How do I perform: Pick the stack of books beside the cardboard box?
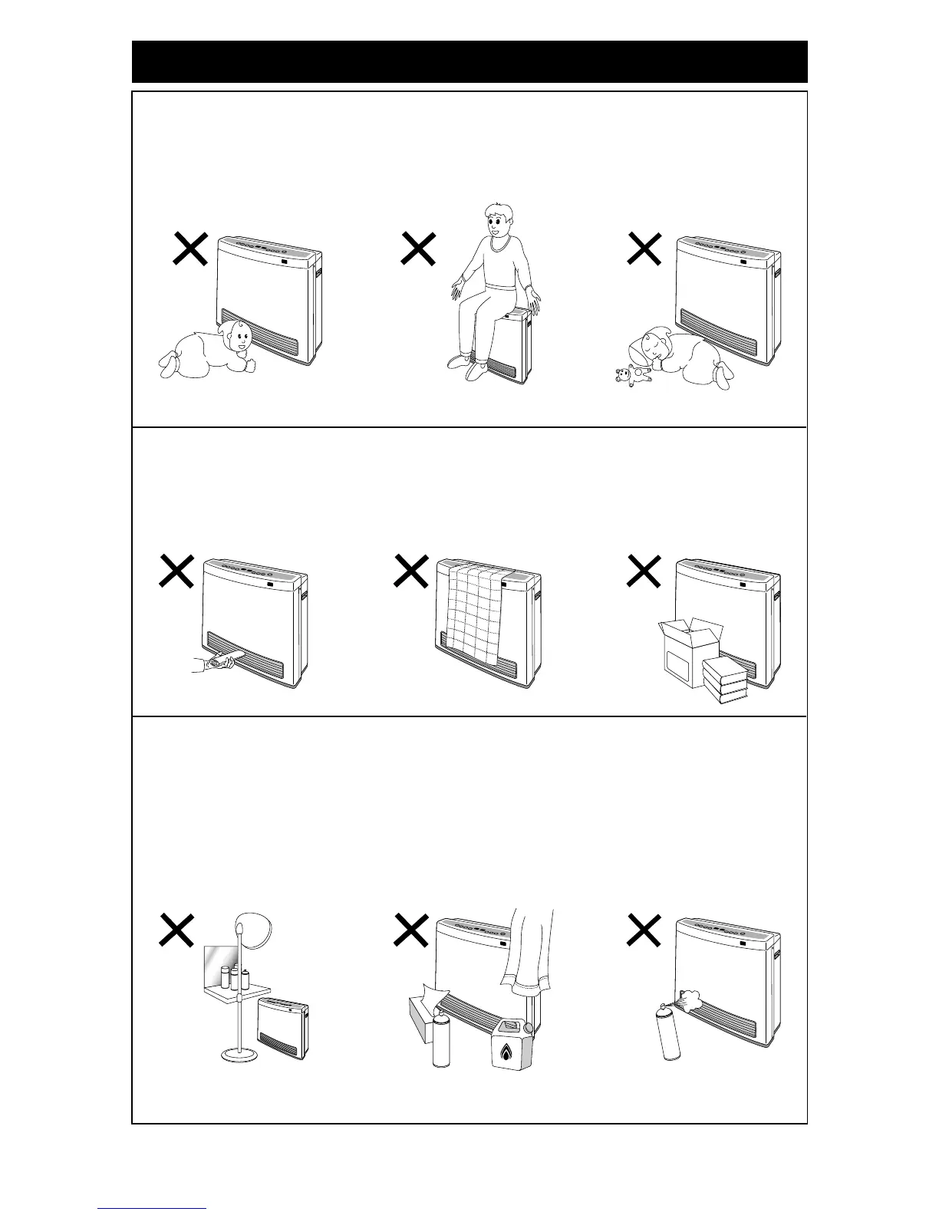point(725,681)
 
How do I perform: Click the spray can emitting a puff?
point(673,1032)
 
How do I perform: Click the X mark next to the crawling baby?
point(189,249)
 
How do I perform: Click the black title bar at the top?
point(470,61)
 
